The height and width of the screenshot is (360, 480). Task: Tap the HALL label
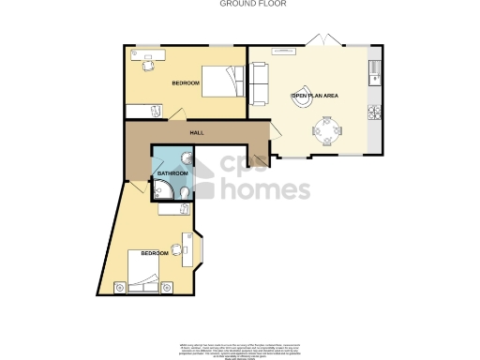pyautogui.click(x=197, y=132)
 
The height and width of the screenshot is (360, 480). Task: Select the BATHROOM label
pyautogui.click(x=172, y=174)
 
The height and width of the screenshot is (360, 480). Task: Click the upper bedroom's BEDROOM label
pyautogui.click(x=186, y=84)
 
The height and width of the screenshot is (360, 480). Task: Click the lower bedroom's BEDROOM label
pyautogui.click(x=155, y=254)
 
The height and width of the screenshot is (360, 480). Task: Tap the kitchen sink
pyautogui.click(x=374, y=67)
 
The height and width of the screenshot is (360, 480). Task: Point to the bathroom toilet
pyautogui.click(x=187, y=194)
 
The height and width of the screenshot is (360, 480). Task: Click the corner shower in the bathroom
pyautogui.click(x=161, y=193)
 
